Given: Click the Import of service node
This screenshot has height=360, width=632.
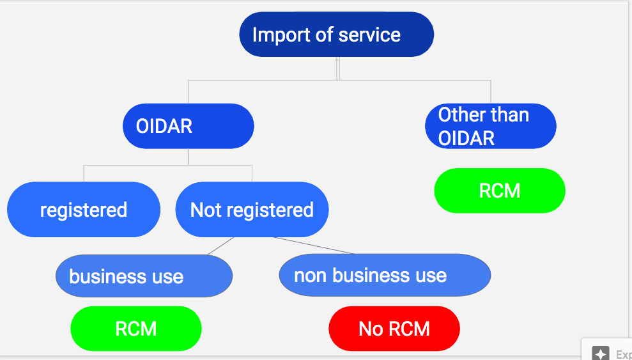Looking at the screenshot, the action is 337,35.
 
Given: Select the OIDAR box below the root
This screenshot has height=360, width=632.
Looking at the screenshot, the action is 189,126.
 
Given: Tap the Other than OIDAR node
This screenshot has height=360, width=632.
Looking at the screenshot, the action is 491,126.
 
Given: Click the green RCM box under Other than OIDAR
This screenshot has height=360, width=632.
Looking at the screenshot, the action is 500,191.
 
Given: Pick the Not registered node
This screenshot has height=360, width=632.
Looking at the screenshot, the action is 252,209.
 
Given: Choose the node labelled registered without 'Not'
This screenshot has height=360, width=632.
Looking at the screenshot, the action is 84,209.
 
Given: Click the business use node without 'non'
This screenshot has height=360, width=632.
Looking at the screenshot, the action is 144,276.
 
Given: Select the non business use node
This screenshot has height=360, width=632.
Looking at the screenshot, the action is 385,275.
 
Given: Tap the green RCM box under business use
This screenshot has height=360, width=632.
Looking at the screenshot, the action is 136,329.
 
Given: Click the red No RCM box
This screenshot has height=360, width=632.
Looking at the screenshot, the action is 394,329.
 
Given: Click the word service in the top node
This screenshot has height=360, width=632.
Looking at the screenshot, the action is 369,35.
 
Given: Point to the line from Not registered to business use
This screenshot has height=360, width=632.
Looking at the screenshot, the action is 220,246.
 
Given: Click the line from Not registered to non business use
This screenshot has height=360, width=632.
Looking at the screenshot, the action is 314,246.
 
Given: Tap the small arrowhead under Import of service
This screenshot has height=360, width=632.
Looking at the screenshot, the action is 337,59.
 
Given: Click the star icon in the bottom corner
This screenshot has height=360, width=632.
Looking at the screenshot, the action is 601,354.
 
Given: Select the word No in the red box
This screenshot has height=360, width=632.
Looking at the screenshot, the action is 369,329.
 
